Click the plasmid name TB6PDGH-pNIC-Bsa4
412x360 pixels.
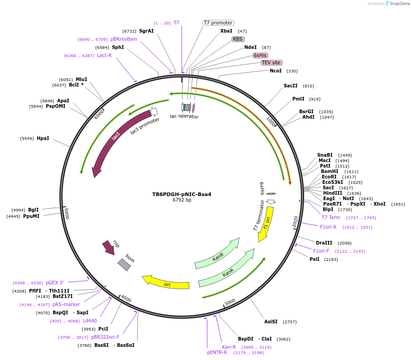[x=182, y=194]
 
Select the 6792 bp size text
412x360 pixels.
[x=182, y=200]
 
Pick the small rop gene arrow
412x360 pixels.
[x=109, y=247]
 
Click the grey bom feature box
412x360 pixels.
[x=124, y=264]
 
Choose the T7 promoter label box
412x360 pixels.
[x=218, y=23]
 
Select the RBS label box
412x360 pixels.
[x=238, y=39]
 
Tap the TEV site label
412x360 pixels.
[x=271, y=62]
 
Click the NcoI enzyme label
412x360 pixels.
[x=276, y=71]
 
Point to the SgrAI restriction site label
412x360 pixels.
[x=146, y=31]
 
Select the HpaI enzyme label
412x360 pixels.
[x=43, y=138]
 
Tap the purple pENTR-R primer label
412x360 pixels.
[x=217, y=352]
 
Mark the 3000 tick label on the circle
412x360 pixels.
[x=230, y=302]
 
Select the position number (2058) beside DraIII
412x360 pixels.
[x=344, y=243]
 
